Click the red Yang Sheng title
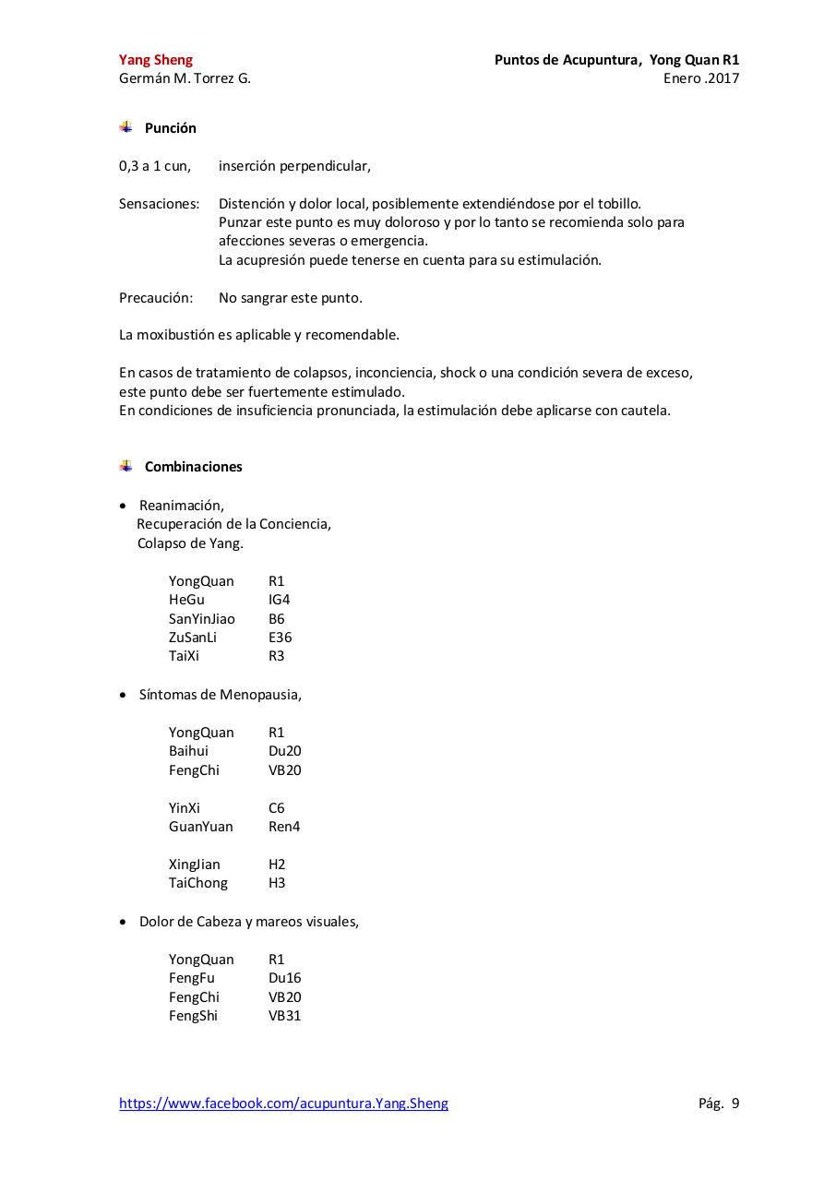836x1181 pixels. (x=156, y=60)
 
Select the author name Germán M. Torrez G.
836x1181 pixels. (x=185, y=78)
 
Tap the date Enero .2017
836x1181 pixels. (x=700, y=78)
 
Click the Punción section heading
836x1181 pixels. (x=170, y=128)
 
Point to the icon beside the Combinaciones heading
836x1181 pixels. (x=125, y=466)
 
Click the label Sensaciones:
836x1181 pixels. (x=159, y=204)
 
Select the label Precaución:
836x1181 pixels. (x=156, y=298)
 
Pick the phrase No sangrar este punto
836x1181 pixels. (x=290, y=298)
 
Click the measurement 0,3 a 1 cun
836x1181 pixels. (x=155, y=166)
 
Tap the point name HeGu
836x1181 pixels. (x=186, y=600)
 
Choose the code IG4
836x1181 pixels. (x=279, y=600)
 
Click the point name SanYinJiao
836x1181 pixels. (x=201, y=619)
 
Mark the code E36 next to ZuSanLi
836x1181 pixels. (x=280, y=638)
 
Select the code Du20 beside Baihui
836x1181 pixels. (x=284, y=751)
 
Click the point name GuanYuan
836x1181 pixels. (x=200, y=827)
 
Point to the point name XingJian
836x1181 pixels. (x=194, y=865)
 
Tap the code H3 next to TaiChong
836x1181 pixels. (x=277, y=883)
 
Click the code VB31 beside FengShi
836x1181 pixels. (x=284, y=1016)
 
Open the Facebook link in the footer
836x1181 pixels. (x=283, y=1103)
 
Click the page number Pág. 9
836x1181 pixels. (x=718, y=1103)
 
